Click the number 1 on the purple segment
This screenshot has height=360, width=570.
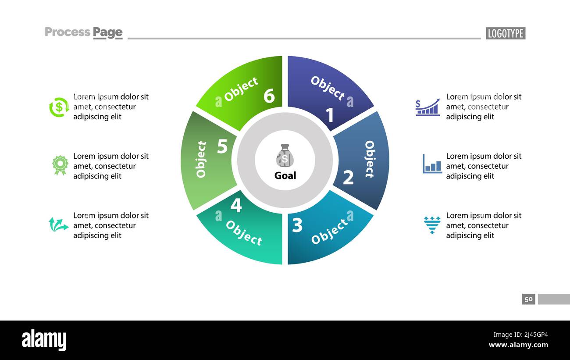pyautogui.click(x=330, y=115)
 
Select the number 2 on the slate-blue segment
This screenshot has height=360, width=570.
pyautogui.click(x=348, y=178)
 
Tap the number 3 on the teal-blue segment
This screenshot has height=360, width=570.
pyautogui.click(x=297, y=225)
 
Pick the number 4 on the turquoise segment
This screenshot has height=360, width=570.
pyautogui.click(x=236, y=205)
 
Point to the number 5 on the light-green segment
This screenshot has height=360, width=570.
pyautogui.click(x=222, y=147)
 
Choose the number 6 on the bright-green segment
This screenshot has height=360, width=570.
pyautogui.click(x=269, y=96)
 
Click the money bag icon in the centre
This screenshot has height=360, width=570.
pyautogui.click(x=285, y=156)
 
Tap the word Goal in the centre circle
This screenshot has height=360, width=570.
pyautogui.click(x=285, y=175)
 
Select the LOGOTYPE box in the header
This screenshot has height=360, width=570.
pyautogui.click(x=505, y=33)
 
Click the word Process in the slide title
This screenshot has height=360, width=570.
pyautogui.click(x=68, y=32)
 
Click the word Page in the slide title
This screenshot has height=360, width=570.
pyautogui.click(x=108, y=32)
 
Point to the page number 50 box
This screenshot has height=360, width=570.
pyautogui.click(x=528, y=299)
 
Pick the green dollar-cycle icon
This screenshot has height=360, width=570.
pyautogui.click(x=59, y=107)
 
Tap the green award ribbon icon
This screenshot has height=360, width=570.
pyautogui.click(x=60, y=165)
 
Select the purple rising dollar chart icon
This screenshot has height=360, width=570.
pyautogui.click(x=427, y=107)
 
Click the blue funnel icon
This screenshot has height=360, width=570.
pyautogui.click(x=432, y=225)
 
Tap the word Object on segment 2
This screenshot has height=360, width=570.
pyautogui.click(x=370, y=159)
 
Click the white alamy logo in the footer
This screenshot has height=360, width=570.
pyautogui.click(x=44, y=340)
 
